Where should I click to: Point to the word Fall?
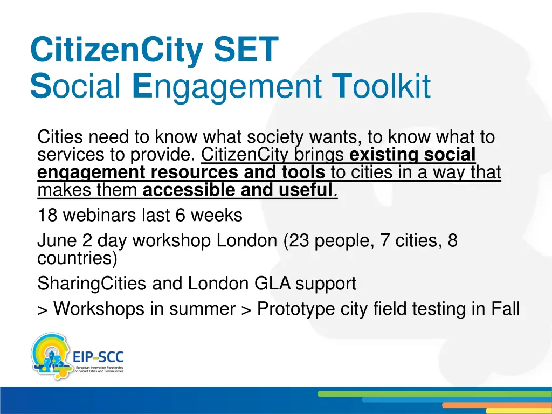505,309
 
